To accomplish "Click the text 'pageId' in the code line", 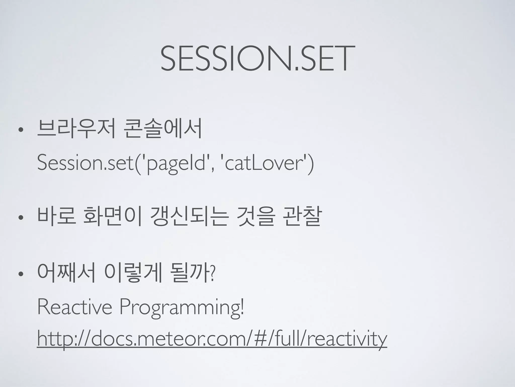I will click(177, 163).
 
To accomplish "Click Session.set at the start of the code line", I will click(85, 163).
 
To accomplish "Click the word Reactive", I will click(74, 307).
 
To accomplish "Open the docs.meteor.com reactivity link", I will click(212, 339).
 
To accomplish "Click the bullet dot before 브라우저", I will click(20, 130).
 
